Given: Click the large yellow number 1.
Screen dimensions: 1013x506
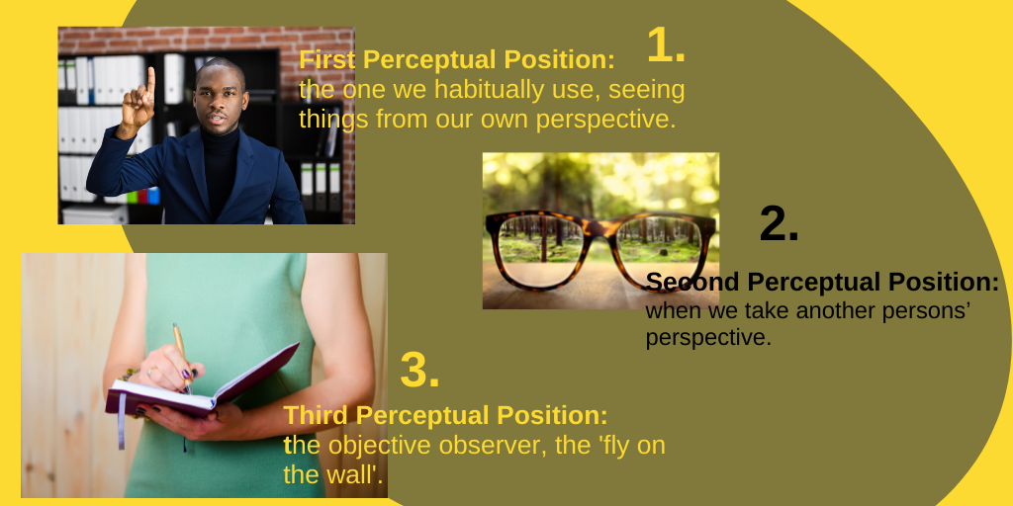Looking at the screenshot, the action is click(x=665, y=45).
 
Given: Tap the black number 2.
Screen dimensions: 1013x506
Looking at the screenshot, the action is click(x=779, y=224).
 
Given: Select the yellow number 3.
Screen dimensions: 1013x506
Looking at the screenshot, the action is click(x=419, y=370).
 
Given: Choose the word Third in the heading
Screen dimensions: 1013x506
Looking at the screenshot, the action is click(x=316, y=415).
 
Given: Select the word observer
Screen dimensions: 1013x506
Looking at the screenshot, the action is click(x=492, y=446).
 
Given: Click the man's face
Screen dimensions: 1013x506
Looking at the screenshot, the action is click(x=221, y=97).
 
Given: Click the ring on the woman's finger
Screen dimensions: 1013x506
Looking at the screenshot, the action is click(x=151, y=372).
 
